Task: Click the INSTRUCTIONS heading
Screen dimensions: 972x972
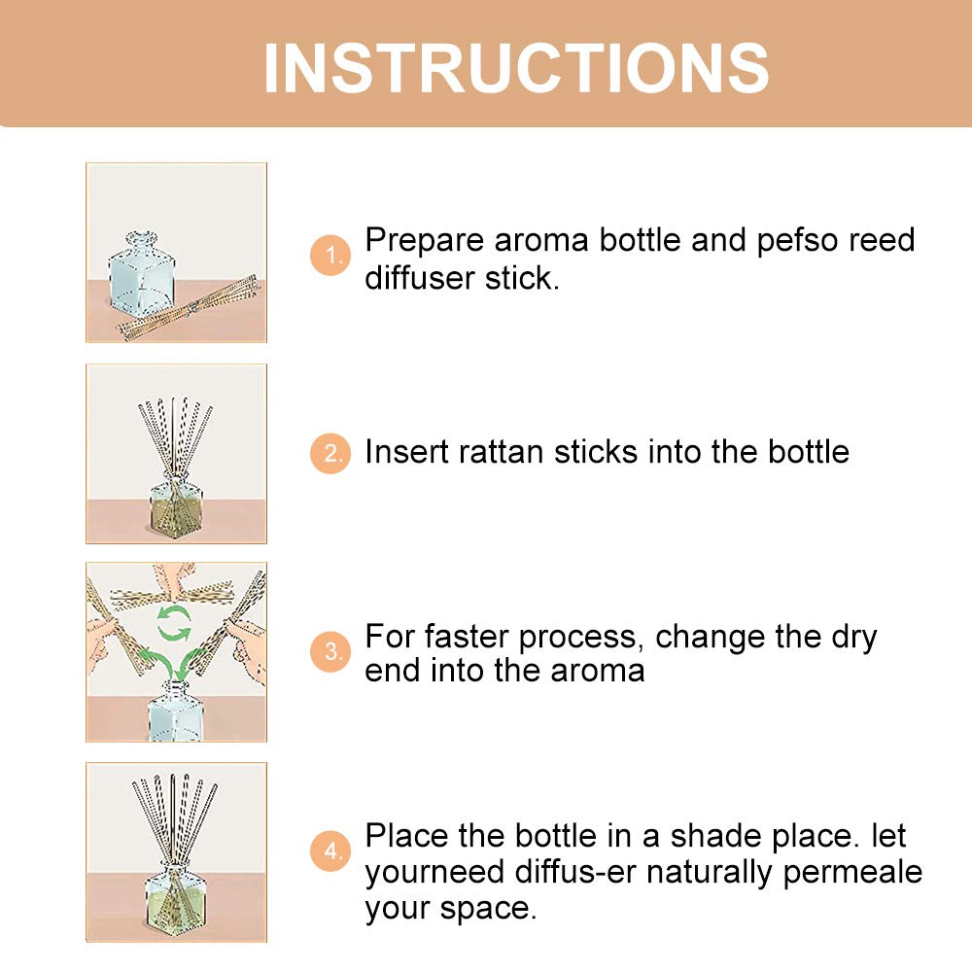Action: coord(516,68)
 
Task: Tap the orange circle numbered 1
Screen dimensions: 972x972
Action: coord(330,255)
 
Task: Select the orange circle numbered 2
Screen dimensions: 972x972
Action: coord(330,453)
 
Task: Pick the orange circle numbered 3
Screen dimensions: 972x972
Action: coord(330,651)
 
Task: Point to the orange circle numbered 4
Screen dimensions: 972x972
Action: coord(330,850)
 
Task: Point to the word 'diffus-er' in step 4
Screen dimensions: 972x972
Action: coord(575,872)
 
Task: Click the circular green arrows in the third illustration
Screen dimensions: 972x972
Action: coord(174,623)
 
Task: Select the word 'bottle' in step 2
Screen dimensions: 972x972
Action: coord(809,452)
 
